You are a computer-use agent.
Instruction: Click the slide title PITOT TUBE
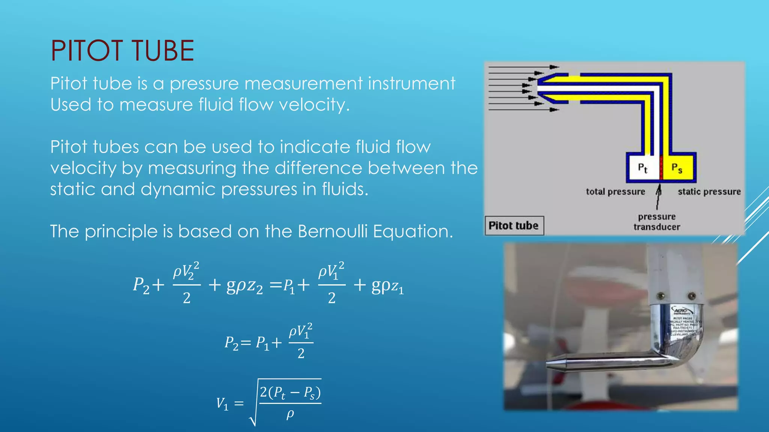[122, 51]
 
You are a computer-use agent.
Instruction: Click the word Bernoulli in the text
[332, 231]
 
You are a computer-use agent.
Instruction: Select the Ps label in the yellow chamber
[677, 168]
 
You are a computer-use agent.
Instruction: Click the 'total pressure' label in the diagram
[615, 192]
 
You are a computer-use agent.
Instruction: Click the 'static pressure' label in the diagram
[709, 192]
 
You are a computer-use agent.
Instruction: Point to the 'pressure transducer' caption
[657, 222]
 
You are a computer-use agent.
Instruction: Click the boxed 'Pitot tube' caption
[514, 225]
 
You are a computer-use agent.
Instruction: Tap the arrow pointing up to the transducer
[658, 197]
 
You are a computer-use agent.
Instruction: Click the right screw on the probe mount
[691, 296]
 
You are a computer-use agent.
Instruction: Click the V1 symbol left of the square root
[222, 404]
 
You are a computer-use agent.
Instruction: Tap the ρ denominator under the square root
[290, 414]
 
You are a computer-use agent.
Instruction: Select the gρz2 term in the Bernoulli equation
[244, 286]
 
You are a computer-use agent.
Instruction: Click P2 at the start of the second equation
[231, 343]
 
